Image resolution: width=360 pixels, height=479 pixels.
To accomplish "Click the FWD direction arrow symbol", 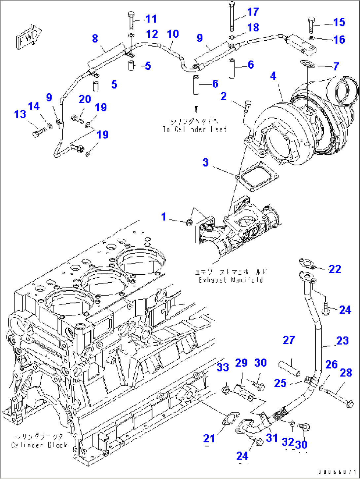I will pos(29,37).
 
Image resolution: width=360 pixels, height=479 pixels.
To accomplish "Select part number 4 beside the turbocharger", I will pos(273,76).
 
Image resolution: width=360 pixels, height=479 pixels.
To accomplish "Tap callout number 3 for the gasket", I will pos(205,162).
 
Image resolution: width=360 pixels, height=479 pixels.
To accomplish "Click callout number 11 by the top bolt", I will pos(151,19).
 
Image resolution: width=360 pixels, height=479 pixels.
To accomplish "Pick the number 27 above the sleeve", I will pos(289,340).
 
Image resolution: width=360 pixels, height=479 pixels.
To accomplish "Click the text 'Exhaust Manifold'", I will pos(231,280).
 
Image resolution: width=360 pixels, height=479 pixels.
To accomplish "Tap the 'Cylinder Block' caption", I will pos(39,445).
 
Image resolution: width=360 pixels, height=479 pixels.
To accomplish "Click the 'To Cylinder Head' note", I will pos(195,129).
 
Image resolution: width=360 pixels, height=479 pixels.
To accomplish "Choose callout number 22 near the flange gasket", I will pos(335,269).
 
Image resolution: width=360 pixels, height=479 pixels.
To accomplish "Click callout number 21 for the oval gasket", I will pos(209,438).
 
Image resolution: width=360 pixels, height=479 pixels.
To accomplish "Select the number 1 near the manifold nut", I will pos(164,217).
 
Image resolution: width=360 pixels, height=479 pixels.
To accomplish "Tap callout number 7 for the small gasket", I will pos(336,66).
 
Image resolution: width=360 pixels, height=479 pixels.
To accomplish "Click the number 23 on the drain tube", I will pos(342,340).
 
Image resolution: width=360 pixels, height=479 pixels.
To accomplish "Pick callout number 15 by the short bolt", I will pos(339,22).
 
